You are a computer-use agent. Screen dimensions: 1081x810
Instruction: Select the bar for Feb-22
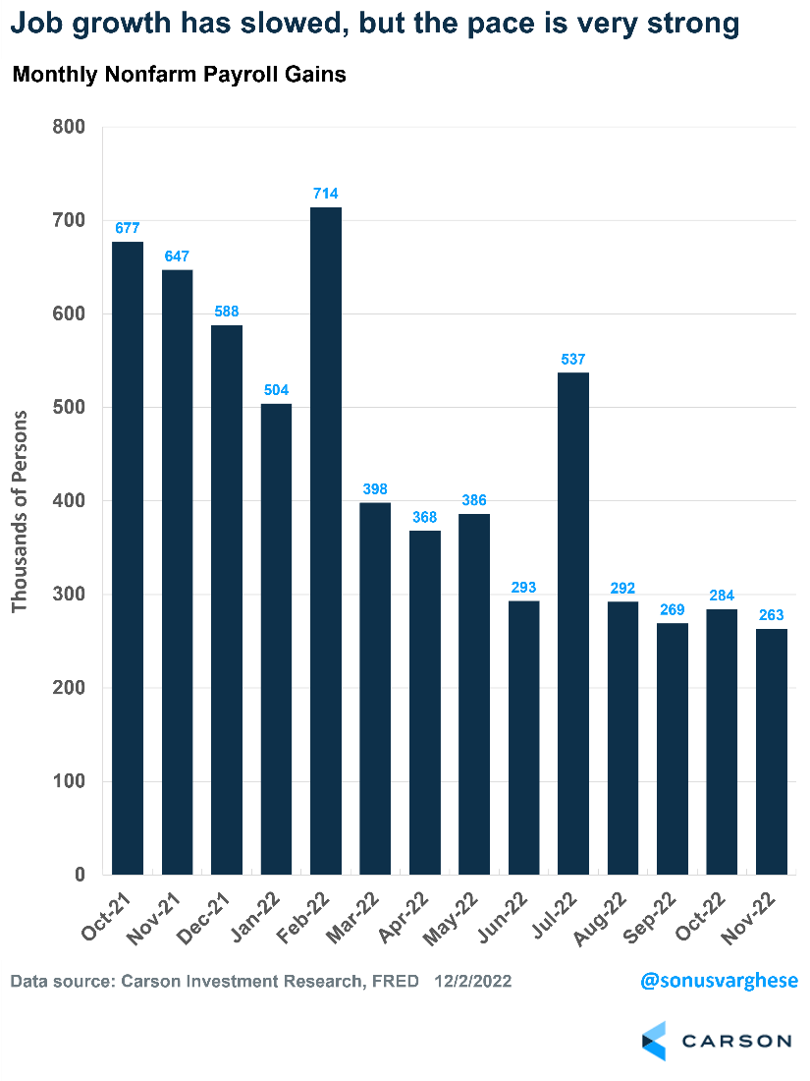click(326, 540)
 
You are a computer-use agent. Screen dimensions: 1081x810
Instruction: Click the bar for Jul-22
click(573, 623)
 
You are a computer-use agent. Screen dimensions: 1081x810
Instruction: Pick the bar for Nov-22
click(772, 752)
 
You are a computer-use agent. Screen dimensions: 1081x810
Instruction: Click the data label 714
click(326, 194)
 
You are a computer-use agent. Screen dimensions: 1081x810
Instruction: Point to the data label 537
click(573, 359)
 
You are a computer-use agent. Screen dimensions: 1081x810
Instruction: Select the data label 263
click(772, 615)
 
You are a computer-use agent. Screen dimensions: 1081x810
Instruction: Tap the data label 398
click(375, 488)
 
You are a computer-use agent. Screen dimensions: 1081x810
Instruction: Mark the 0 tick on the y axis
click(80, 876)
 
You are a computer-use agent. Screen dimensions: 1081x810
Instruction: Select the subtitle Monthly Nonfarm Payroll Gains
click(179, 75)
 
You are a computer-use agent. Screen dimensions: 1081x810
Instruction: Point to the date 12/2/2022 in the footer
click(473, 982)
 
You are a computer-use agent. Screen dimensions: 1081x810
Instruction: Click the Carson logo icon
click(654, 1041)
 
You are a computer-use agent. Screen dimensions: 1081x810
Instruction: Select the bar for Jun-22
click(523, 737)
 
